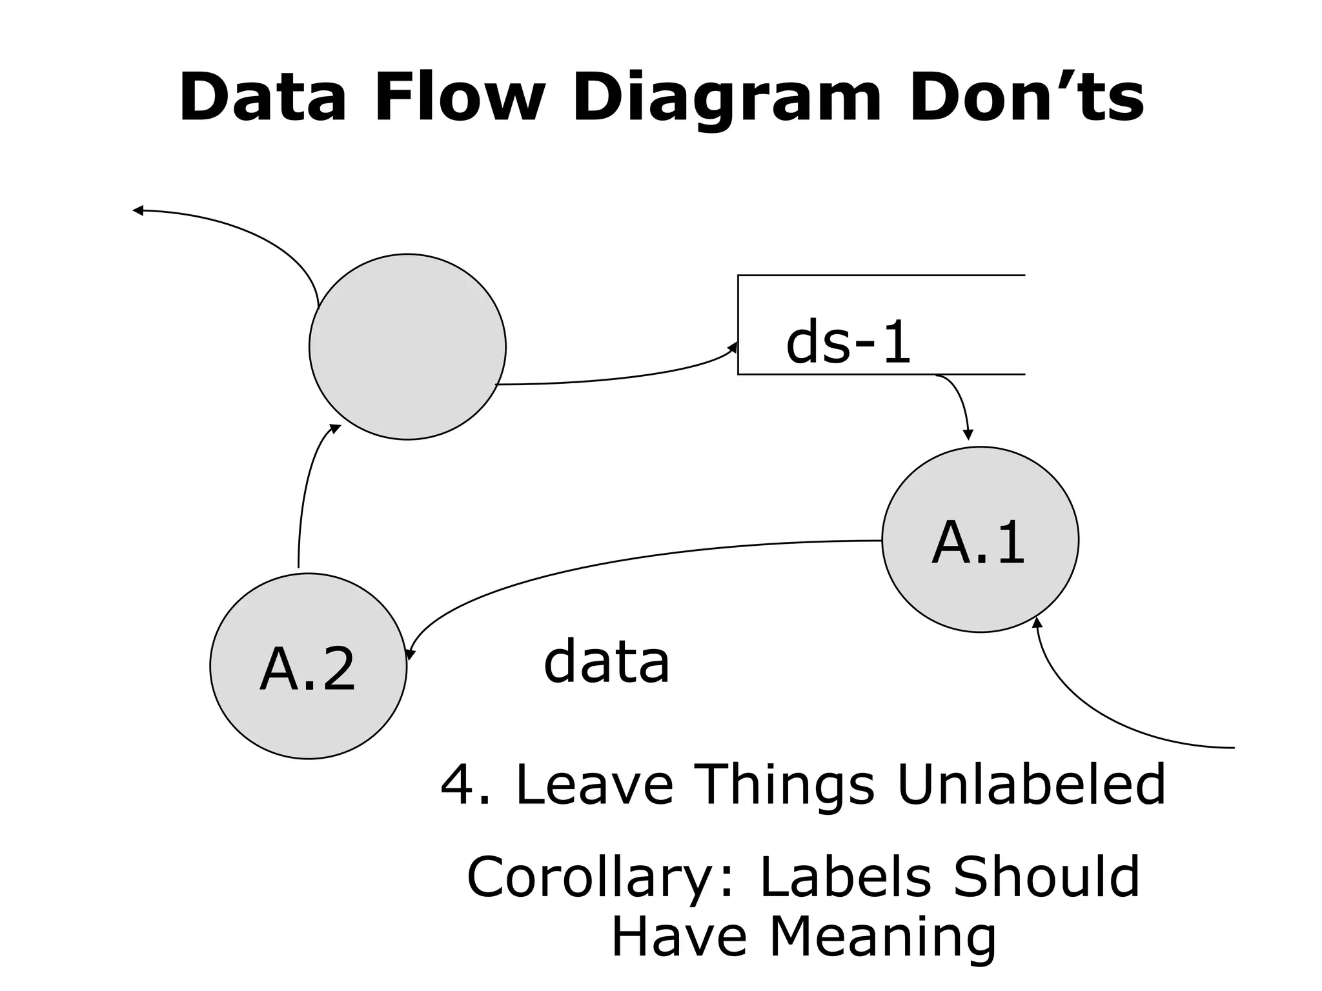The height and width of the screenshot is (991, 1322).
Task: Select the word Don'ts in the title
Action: pyautogui.click(x=1026, y=98)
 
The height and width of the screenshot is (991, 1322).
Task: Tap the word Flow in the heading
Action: pyautogui.click(x=459, y=98)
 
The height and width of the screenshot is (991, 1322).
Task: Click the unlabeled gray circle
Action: pyautogui.click(x=407, y=347)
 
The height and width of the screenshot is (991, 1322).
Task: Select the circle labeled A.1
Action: pyautogui.click(x=980, y=539)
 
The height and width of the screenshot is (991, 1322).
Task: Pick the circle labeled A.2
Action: pyautogui.click(x=308, y=666)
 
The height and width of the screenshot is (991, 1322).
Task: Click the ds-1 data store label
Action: pyautogui.click(x=848, y=343)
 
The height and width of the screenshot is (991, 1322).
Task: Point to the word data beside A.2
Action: pyautogui.click(x=606, y=662)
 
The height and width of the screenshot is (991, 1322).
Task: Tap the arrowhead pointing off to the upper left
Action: pyautogui.click(x=137, y=210)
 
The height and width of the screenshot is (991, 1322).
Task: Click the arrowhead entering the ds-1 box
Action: pyautogui.click(x=733, y=348)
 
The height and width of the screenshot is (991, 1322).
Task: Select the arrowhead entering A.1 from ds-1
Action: pyautogui.click(x=967, y=435)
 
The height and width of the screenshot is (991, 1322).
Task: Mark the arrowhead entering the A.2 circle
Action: pyautogui.click(x=411, y=654)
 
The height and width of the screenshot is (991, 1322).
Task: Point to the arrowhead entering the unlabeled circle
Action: pyautogui.click(x=335, y=428)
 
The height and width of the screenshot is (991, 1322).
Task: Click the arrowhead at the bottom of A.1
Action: pyautogui.click(x=1037, y=622)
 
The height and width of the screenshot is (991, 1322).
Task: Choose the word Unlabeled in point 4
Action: pyautogui.click(x=1031, y=785)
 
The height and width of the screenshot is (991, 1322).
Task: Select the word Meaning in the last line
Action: pyautogui.click(x=882, y=937)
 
